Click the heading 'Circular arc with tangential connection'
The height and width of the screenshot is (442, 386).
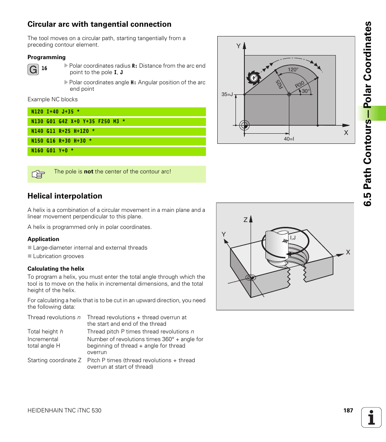[99, 24]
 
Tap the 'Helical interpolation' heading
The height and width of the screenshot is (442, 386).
[65, 196]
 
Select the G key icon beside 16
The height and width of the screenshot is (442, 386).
[34, 70]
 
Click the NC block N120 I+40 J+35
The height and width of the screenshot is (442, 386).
[55, 112]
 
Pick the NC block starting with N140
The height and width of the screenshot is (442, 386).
[63, 131]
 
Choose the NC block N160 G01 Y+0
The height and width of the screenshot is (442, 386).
[53, 151]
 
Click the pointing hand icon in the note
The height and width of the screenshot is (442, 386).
[38, 175]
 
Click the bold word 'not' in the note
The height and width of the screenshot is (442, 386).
[89, 172]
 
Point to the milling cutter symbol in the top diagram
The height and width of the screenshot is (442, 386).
[254, 78]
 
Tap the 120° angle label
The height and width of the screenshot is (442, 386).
[293, 70]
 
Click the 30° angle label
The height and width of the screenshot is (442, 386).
[305, 91]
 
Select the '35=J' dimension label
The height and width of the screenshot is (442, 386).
[227, 94]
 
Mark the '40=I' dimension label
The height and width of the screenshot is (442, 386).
[288, 139]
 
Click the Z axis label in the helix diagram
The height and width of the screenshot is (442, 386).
[245, 220]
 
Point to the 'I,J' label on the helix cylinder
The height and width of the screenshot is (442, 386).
[293, 238]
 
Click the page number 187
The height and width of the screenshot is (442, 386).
[348, 410]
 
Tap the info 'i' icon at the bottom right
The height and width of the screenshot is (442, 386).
[371, 417]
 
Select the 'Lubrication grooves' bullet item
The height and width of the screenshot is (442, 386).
[58, 256]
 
